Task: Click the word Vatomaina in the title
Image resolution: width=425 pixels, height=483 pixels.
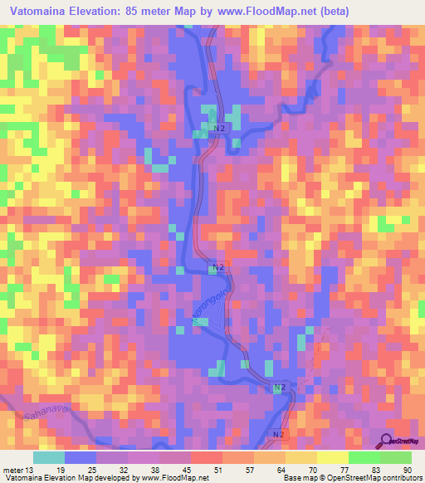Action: (39, 12)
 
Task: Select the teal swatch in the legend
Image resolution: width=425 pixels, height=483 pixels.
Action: (49, 457)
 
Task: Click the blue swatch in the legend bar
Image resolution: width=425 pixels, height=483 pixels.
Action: (81, 457)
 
